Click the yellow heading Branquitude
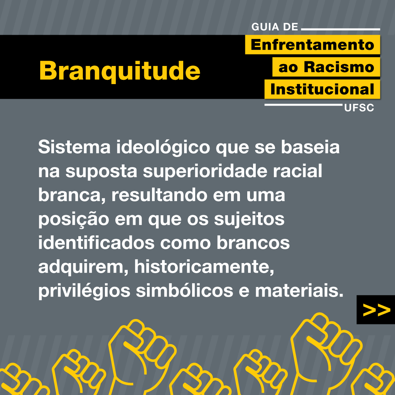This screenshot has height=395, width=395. tap(120, 71)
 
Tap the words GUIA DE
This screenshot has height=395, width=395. tap(275, 27)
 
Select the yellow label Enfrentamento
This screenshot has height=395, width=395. tap(312, 45)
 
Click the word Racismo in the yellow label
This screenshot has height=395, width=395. tap(339, 67)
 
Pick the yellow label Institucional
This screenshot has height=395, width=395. tap(322, 89)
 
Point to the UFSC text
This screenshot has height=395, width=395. tap(359, 108)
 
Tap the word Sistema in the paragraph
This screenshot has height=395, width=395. tap(74, 147)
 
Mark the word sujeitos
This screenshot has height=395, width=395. tap(249, 219)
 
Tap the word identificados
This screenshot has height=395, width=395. tap(96, 243)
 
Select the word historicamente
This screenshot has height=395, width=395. tap(204, 267)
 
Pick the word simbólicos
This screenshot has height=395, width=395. tap(184, 290)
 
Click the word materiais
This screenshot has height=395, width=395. tap(299, 290)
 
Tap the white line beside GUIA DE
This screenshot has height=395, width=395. tap(341, 29)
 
